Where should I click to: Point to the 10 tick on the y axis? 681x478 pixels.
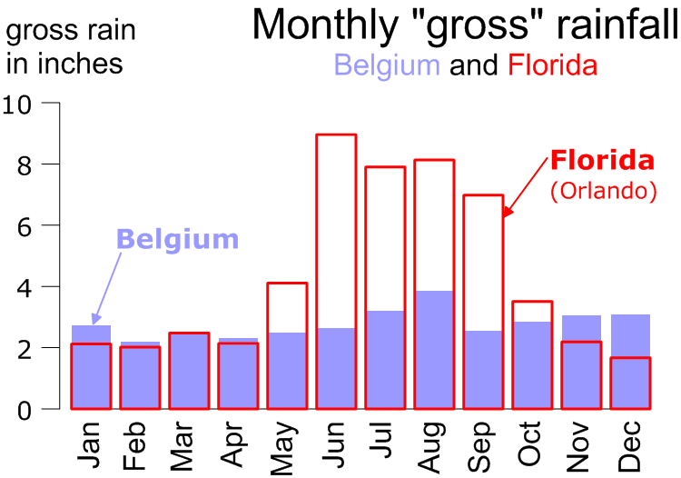(x=50, y=103)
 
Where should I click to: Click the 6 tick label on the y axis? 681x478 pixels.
(x=25, y=226)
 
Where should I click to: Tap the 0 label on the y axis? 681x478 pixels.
(x=25, y=410)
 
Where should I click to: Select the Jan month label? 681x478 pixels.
(x=89, y=444)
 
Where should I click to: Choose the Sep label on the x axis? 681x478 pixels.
(x=481, y=446)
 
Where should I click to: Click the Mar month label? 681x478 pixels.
(x=182, y=446)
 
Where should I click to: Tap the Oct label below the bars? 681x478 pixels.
(x=530, y=443)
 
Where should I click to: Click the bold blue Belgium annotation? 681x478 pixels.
(x=178, y=239)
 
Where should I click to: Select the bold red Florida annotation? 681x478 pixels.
(x=602, y=160)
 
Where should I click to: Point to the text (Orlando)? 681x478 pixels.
(x=604, y=190)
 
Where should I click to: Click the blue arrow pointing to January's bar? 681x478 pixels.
(x=106, y=289)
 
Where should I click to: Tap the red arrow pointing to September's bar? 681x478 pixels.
(x=525, y=187)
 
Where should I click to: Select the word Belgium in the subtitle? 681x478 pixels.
(x=387, y=65)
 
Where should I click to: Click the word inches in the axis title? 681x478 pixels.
(x=80, y=64)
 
